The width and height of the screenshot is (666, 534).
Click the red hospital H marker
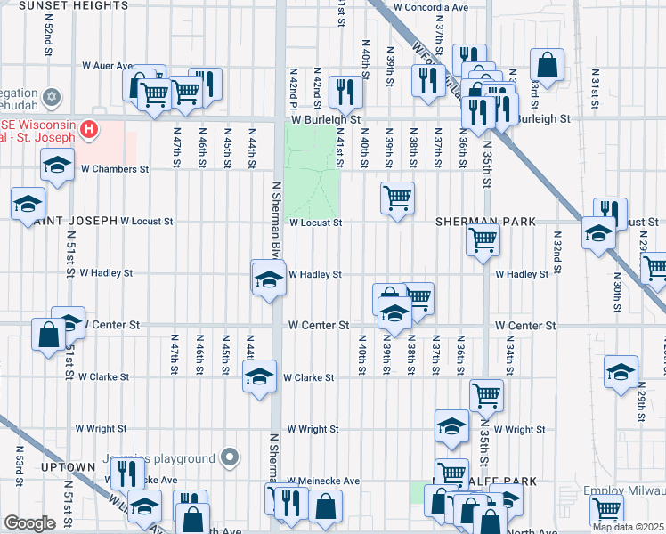click(88, 130)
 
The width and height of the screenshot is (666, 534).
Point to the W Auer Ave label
click(107, 65)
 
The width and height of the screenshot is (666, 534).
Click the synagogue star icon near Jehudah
click(52, 95)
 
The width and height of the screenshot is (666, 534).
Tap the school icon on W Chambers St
click(57, 165)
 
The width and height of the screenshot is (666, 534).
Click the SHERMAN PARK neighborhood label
click(485, 221)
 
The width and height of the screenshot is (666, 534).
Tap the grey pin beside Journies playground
click(230, 458)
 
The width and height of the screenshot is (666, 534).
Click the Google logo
click(29, 523)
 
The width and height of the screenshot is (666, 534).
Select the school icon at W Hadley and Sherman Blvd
click(267, 280)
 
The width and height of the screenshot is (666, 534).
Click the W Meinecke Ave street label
click(323, 481)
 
